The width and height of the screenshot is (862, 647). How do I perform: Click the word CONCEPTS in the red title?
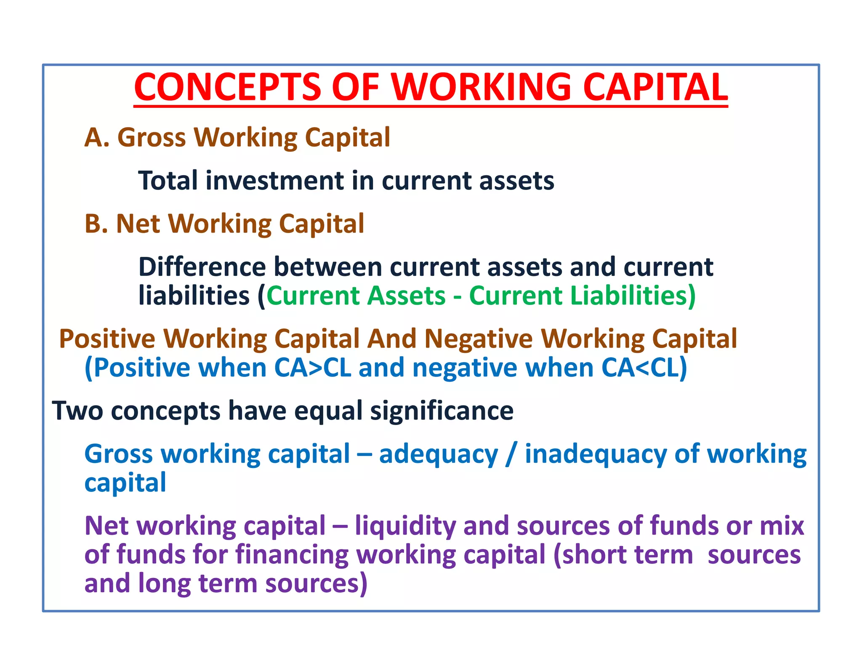point(227,87)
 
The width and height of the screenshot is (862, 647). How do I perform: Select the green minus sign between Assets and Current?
point(457,296)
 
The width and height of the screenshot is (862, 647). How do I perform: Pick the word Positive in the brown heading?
point(107,339)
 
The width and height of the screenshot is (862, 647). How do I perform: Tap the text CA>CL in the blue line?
point(312,368)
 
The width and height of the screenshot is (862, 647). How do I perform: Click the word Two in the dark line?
point(77,411)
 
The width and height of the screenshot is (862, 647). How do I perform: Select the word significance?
point(442,411)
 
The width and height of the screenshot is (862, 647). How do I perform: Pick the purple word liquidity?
point(405,527)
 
